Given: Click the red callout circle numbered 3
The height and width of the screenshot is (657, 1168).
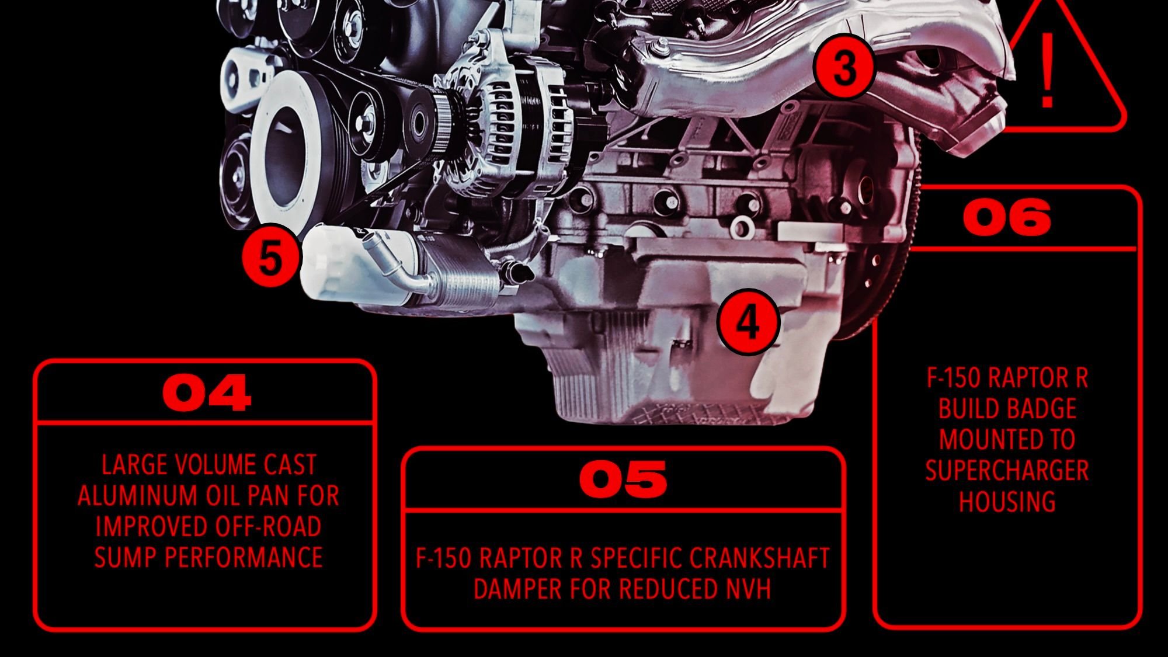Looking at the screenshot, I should point(844,69).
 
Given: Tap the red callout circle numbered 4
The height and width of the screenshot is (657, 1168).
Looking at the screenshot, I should point(748,322).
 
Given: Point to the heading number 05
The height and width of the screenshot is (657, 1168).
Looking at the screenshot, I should point(623,479).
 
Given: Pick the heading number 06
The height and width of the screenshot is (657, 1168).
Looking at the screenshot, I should point(1007,218).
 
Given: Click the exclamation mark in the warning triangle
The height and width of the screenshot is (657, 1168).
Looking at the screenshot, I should point(1047,70).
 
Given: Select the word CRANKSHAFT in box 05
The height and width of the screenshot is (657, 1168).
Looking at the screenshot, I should point(759,558).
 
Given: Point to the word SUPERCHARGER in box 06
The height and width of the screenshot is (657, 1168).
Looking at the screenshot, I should point(1007,471).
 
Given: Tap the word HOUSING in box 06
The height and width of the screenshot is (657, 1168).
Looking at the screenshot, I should point(1007,502).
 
